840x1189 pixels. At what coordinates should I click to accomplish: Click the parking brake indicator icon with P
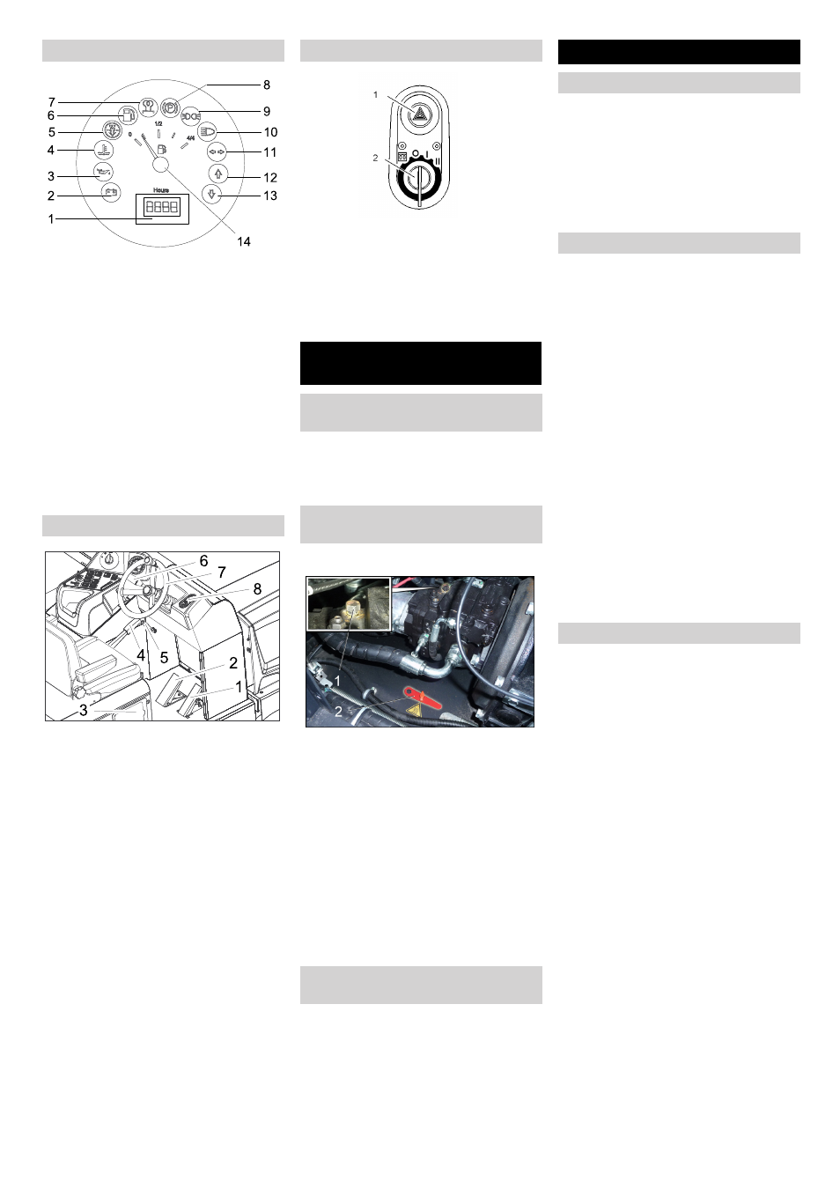pyautogui.click(x=171, y=106)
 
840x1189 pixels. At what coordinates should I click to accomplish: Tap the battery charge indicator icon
pyautogui.click(x=111, y=192)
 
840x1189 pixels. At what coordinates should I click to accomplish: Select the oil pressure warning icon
pyautogui.click(x=103, y=171)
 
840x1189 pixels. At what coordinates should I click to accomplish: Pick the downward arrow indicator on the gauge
pyautogui.click(x=210, y=193)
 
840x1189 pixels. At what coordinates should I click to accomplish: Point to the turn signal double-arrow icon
pyautogui.click(x=217, y=151)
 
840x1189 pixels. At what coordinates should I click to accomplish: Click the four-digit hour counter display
pyautogui.click(x=161, y=208)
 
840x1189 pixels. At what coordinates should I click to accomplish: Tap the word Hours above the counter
pyautogui.click(x=160, y=190)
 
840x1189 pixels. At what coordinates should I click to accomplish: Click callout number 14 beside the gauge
pyautogui.click(x=244, y=241)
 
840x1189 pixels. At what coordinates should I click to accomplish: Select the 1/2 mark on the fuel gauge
pyautogui.click(x=158, y=124)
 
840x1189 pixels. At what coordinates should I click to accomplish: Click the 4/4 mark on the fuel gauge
pyautogui.click(x=190, y=138)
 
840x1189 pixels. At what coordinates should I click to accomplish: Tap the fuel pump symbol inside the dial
pyautogui.click(x=161, y=150)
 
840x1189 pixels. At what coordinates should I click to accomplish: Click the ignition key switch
pyautogui.click(x=420, y=180)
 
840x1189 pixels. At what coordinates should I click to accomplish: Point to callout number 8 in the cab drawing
pyautogui.click(x=257, y=588)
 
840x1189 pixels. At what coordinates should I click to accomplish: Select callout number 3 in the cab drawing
pyautogui.click(x=84, y=710)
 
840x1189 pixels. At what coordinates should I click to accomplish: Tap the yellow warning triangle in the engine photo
pyautogui.click(x=414, y=708)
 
